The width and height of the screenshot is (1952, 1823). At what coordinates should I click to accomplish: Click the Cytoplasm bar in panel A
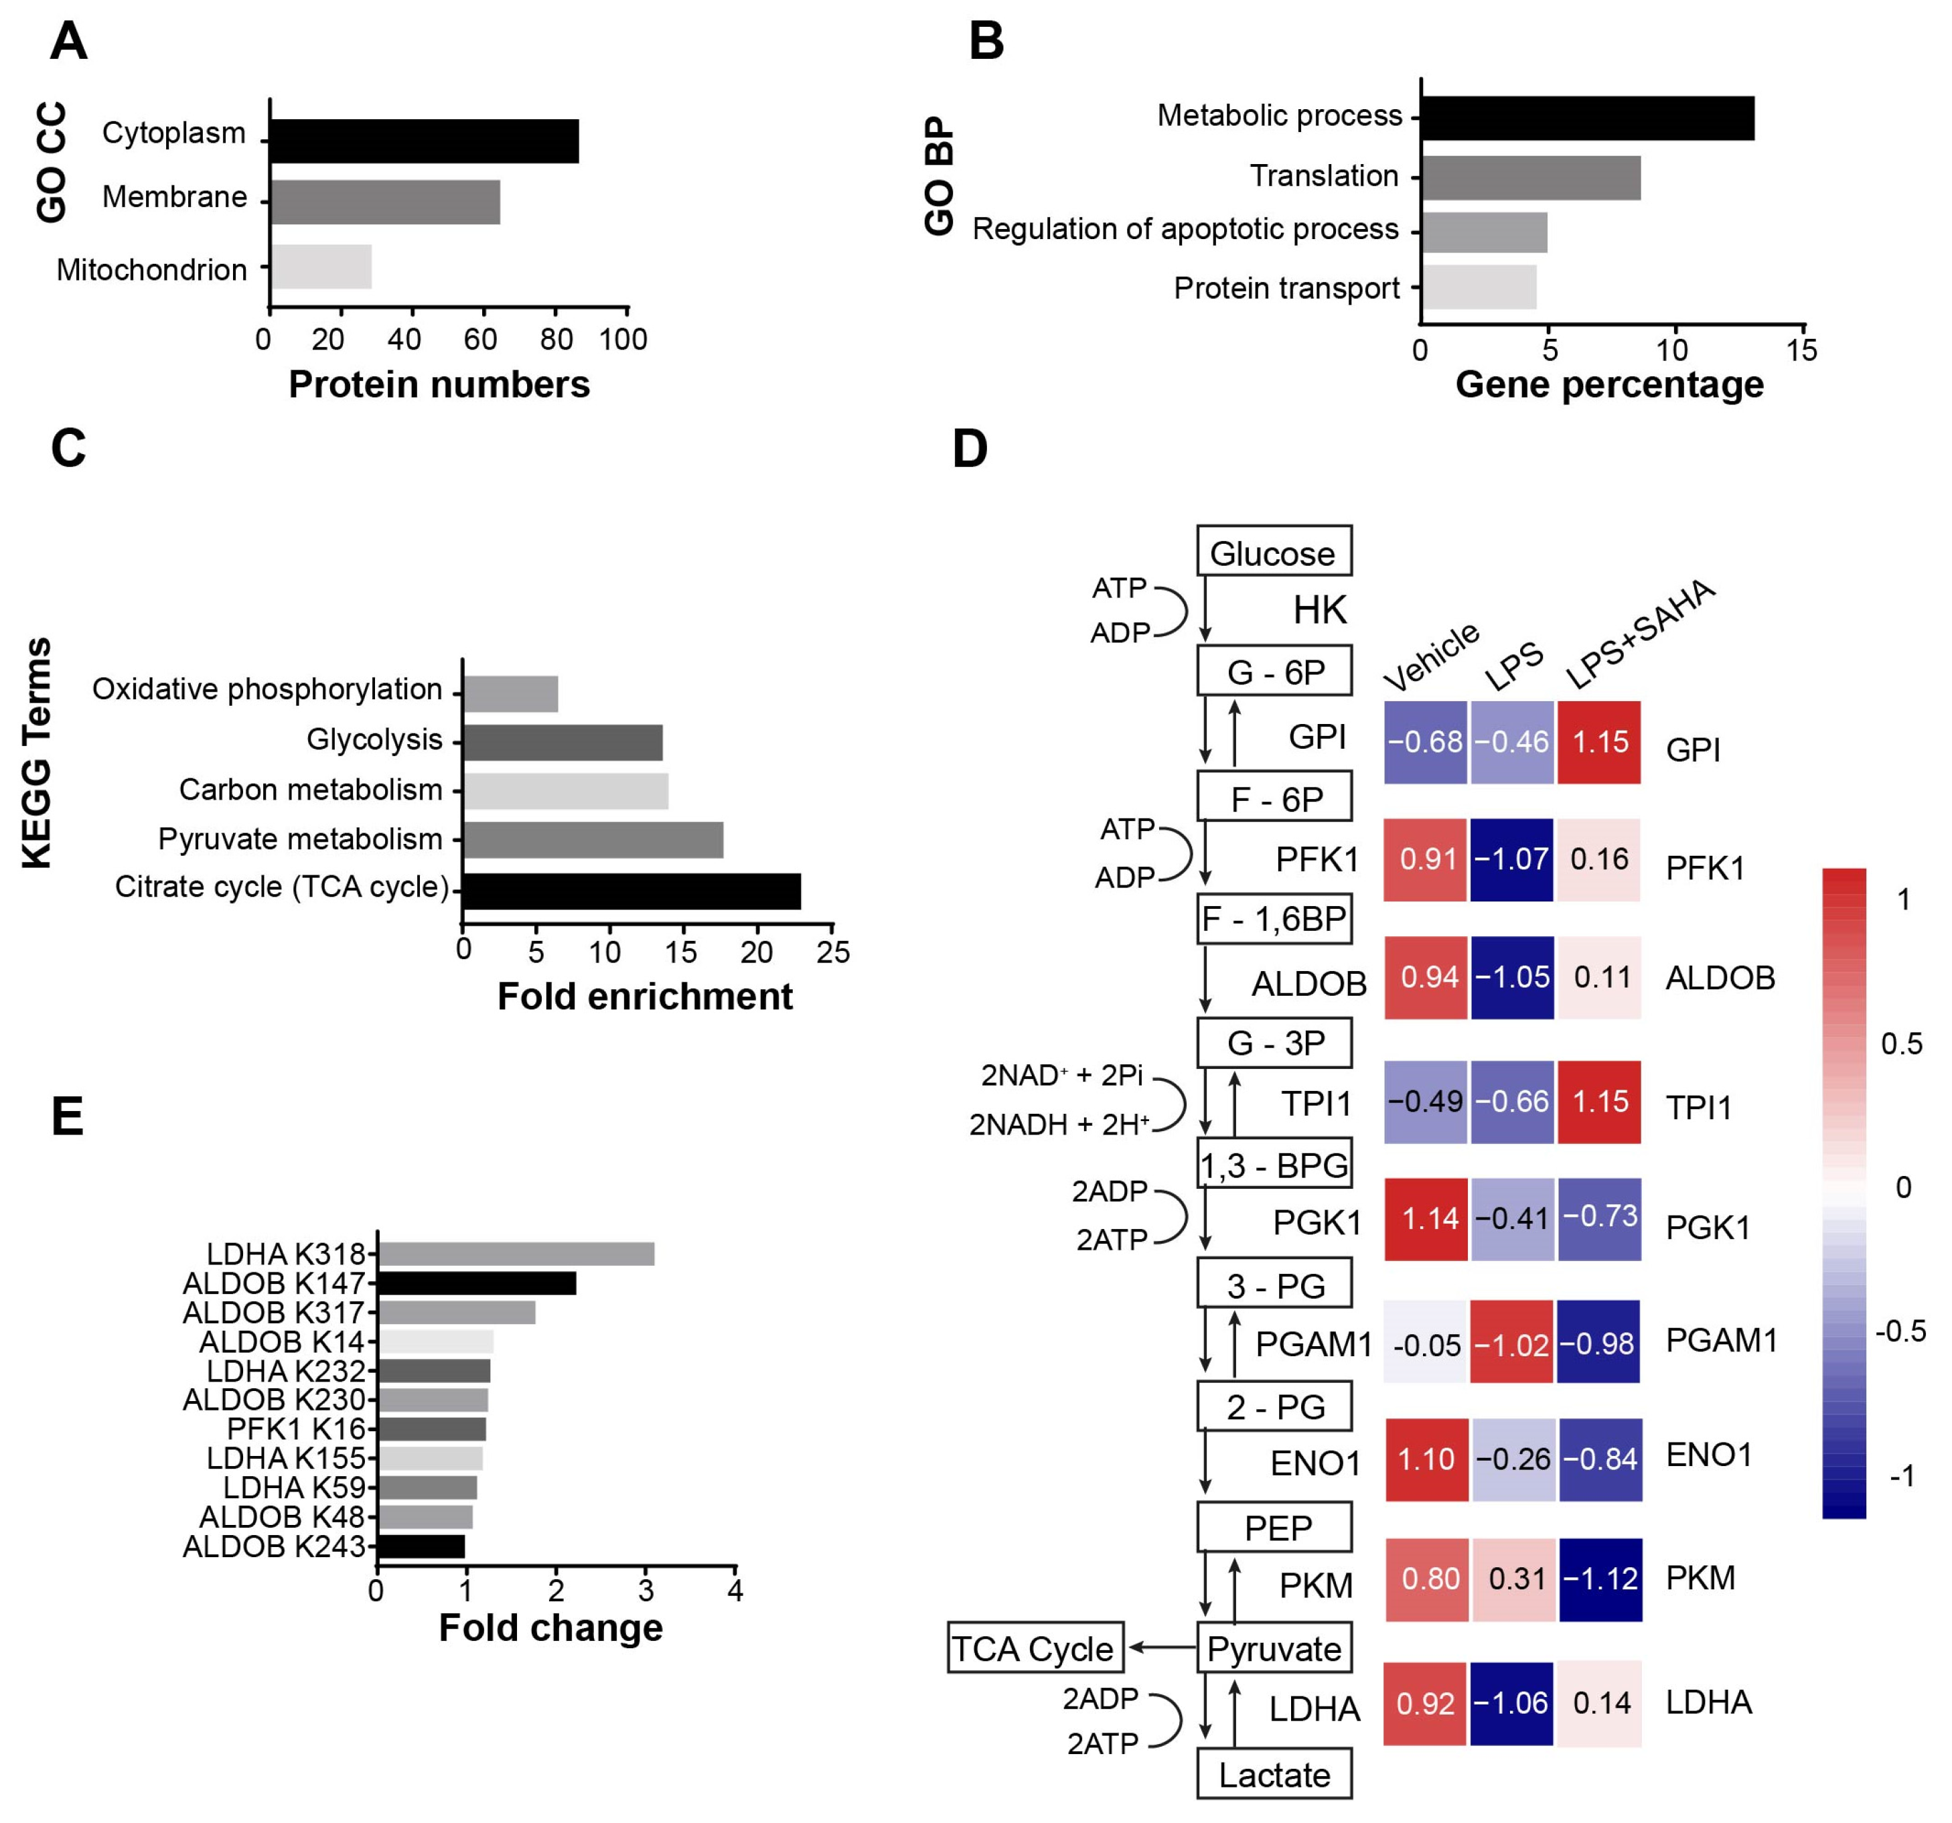coord(424,141)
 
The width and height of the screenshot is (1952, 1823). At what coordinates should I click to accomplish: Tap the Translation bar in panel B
coord(1529,177)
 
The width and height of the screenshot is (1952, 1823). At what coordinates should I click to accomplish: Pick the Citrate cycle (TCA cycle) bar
coord(631,891)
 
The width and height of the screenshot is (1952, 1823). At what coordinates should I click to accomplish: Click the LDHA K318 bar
coord(516,1253)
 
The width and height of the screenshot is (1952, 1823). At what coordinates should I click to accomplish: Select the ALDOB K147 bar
coord(476,1283)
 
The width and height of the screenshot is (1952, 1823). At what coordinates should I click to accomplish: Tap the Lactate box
coord(1274,1774)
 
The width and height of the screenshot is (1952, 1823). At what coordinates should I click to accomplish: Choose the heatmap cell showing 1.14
coord(1426,1219)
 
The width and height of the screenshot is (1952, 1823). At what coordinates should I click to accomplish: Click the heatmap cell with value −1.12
coord(1600,1579)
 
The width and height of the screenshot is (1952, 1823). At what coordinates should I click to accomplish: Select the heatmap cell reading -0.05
coord(1426,1343)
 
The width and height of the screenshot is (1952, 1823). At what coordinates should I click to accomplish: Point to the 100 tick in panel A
coord(623,340)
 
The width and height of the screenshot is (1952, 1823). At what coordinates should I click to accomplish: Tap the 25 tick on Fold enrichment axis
coord(832,952)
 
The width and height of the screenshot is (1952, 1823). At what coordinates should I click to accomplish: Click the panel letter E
coord(67,1117)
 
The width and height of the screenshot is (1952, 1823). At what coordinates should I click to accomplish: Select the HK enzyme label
coord(1320,610)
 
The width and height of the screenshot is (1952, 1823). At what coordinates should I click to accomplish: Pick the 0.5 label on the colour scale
coord(1901,1043)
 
